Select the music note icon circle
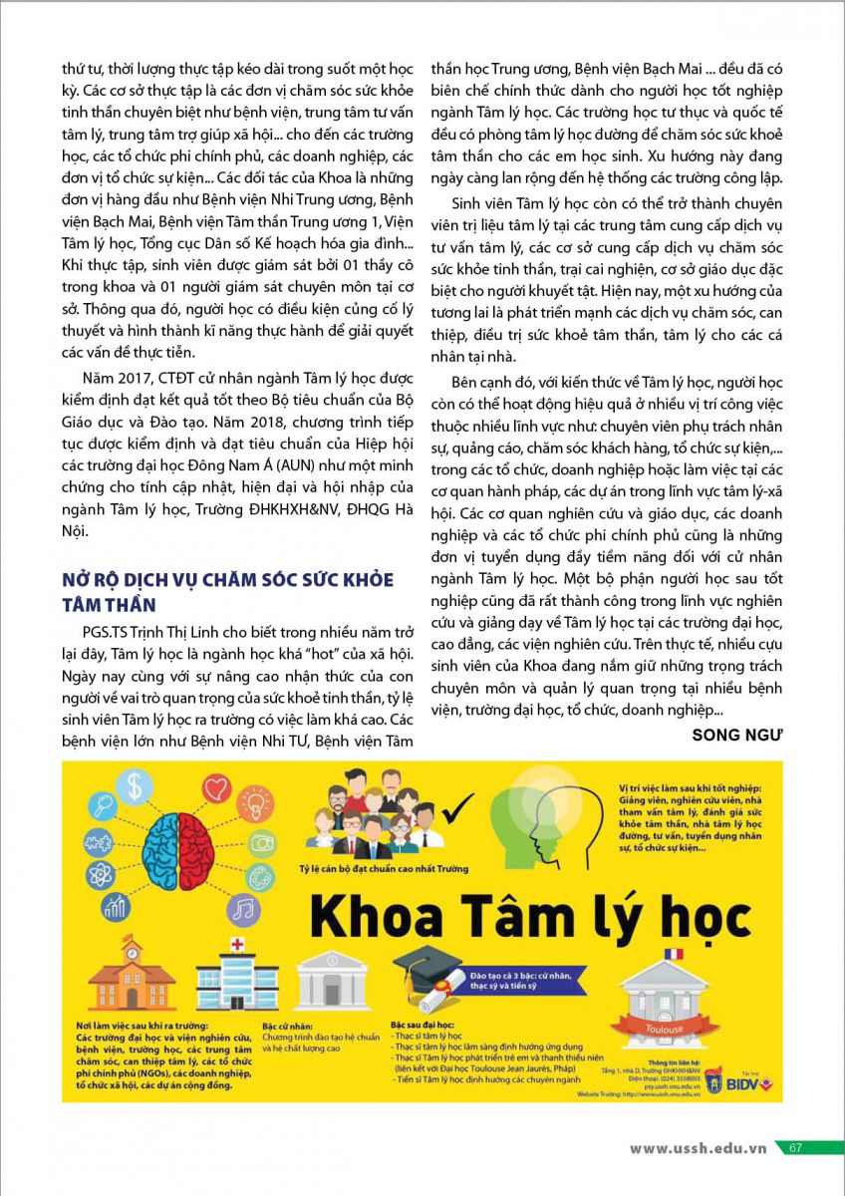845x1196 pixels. click(242, 909)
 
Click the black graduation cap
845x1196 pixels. click(426, 965)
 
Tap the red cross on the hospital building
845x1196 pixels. click(237, 944)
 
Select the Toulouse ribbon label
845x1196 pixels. click(665, 1028)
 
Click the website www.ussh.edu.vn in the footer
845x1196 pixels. click(698, 1147)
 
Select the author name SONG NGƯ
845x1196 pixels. click(736, 735)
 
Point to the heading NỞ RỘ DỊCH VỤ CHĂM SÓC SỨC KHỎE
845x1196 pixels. click(227, 580)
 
